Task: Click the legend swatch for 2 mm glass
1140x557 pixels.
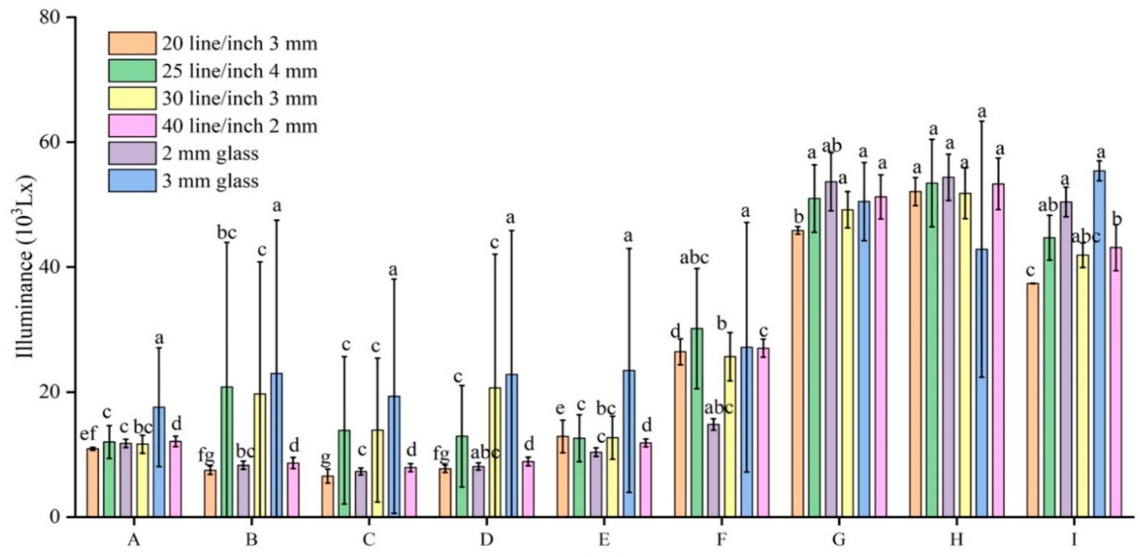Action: coord(132,153)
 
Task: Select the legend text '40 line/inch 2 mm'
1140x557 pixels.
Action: coord(239,126)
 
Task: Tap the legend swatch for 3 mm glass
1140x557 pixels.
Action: coord(132,181)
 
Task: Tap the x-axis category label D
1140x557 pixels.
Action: coord(487,540)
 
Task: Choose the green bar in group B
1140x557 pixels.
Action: coord(227,452)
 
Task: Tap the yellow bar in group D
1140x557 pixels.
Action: coord(495,452)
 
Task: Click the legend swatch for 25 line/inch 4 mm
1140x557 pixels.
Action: coord(132,71)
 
